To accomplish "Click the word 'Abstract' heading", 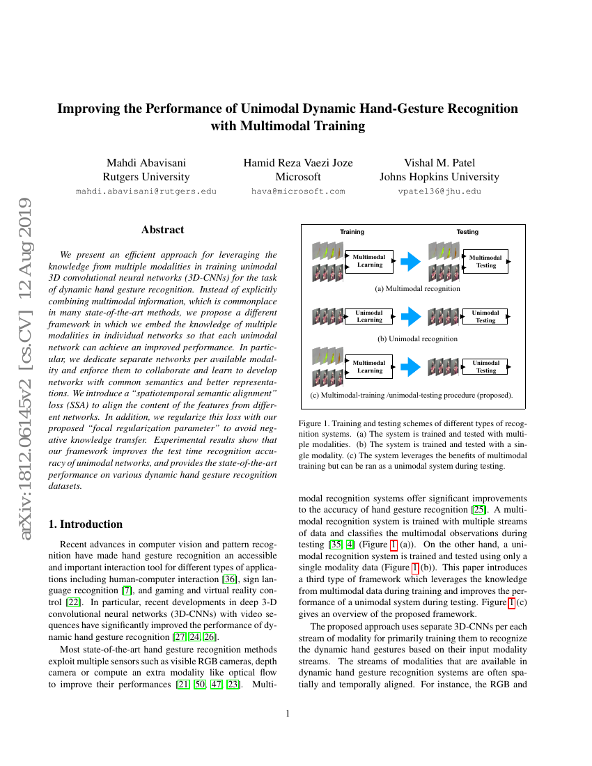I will pyautogui.click(x=162, y=230).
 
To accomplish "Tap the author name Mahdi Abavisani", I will pyautogui.click(x=146, y=163).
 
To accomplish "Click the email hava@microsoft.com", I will pyautogui.click(x=297, y=191).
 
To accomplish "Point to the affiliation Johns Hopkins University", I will pyautogui.click(x=439, y=177).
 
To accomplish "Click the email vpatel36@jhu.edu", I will pyautogui.click(x=439, y=191).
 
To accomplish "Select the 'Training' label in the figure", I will pyautogui.click(x=352, y=232).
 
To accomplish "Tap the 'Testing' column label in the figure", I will pyautogui.click(x=467, y=232).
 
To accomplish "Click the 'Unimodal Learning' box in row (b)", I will pyautogui.click(x=369, y=317).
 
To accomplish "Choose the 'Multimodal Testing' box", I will pyautogui.click(x=485, y=262).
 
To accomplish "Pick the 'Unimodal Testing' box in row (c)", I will pyautogui.click(x=485, y=367).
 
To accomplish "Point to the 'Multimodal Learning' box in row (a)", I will pyautogui.click(x=369, y=261).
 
